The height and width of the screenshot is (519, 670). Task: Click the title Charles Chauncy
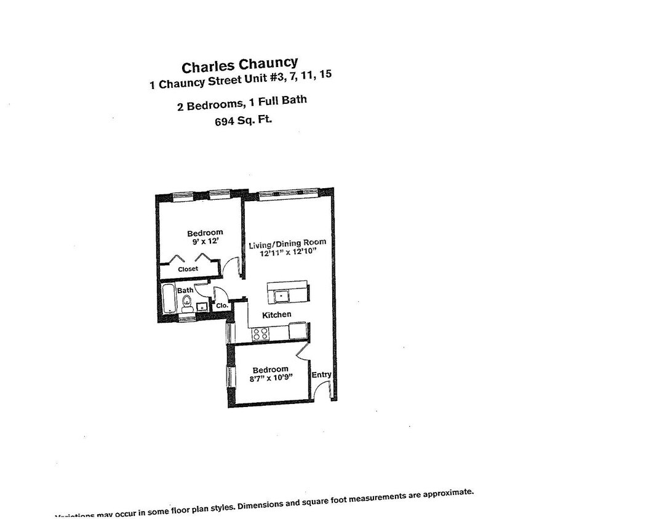239,64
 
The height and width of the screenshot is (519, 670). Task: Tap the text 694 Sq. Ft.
241,120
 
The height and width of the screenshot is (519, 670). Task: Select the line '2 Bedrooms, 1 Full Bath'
242,103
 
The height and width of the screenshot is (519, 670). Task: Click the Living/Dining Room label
287,244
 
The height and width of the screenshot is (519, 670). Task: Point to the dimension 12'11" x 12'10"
287,252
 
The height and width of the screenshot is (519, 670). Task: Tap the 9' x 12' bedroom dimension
205,242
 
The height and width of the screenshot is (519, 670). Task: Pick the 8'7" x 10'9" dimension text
271,378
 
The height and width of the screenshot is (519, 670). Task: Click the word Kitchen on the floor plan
277,315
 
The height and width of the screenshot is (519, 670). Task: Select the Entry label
321,374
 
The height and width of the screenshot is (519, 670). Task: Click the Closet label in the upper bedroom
188,269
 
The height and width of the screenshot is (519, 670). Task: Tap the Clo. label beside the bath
222,305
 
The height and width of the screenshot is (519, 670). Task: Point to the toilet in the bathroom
186,303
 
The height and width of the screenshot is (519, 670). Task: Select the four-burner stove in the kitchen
260,334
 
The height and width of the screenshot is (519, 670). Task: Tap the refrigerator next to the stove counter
297,331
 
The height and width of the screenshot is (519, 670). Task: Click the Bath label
185,290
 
